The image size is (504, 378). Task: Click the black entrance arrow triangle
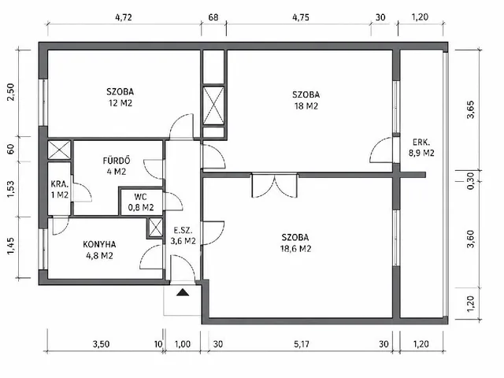pyautogui.click(x=183, y=292)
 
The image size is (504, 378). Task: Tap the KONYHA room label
pyautogui.click(x=99, y=245)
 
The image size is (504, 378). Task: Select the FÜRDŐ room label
pyautogui.click(x=117, y=161)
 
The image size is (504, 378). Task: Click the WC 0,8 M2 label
pyautogui.click(x=141, y=202)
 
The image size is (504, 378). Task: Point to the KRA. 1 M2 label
pyautogui.click(x=60, y=189)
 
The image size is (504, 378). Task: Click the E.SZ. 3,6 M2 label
pyautogui.click(x=183, y=235)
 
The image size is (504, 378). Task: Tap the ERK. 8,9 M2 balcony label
pyautogui.click(x=421, y=147)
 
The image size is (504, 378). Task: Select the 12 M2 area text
pyautogui.click(x=120, y=103)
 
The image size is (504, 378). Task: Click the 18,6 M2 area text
pyautogui.click(x=295, y=249)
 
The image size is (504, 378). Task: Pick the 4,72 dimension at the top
pyautogui.click(x=124, y=17)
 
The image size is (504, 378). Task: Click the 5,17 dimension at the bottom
pyautogui.click(x=301, y=344)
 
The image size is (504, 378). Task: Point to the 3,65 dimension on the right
pyautogui.click(x=470, y=109)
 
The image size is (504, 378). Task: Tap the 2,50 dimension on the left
pyautogui.click(x=11, y=92)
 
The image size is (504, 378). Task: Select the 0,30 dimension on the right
pyautogui.click(x=470, y=181)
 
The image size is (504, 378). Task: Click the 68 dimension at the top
pyautogui.click(x=213, y=17)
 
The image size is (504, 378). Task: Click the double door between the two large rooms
pyautogui.click(x=275, y=186)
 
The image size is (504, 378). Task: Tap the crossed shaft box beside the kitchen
pyautogui.click(x=156, y=228)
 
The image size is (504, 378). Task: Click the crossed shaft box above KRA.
pyautogui.click(x=59, y=150)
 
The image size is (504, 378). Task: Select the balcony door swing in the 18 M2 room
pyautogui.click(x=381, y=150)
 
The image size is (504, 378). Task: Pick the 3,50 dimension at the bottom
pyautogui.click(x=101, y=344)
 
